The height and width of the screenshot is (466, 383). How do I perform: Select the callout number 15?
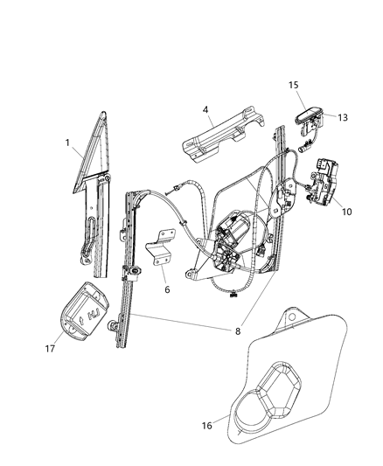tap(295, 86)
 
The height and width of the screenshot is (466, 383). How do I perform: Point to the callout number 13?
tap(342, 117)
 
